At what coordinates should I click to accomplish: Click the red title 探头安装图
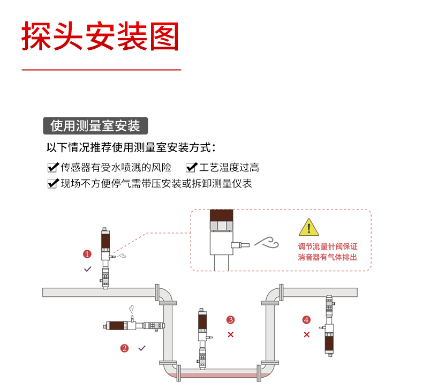100,36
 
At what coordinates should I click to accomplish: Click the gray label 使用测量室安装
95,125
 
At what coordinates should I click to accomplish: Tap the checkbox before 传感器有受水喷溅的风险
53,168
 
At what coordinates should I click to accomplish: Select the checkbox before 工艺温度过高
191,168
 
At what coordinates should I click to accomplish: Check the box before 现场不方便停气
53,184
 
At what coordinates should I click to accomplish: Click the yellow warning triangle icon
308,228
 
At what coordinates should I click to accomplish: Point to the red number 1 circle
87,253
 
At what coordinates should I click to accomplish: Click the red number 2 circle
125,348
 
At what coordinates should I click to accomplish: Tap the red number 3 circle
231,320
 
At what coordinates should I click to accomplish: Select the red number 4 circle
306,320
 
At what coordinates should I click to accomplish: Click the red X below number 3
231,334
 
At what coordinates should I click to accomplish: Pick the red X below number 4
307,334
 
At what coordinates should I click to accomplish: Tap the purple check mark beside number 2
142,348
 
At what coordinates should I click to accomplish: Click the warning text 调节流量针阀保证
327,247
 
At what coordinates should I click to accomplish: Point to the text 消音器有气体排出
327,257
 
